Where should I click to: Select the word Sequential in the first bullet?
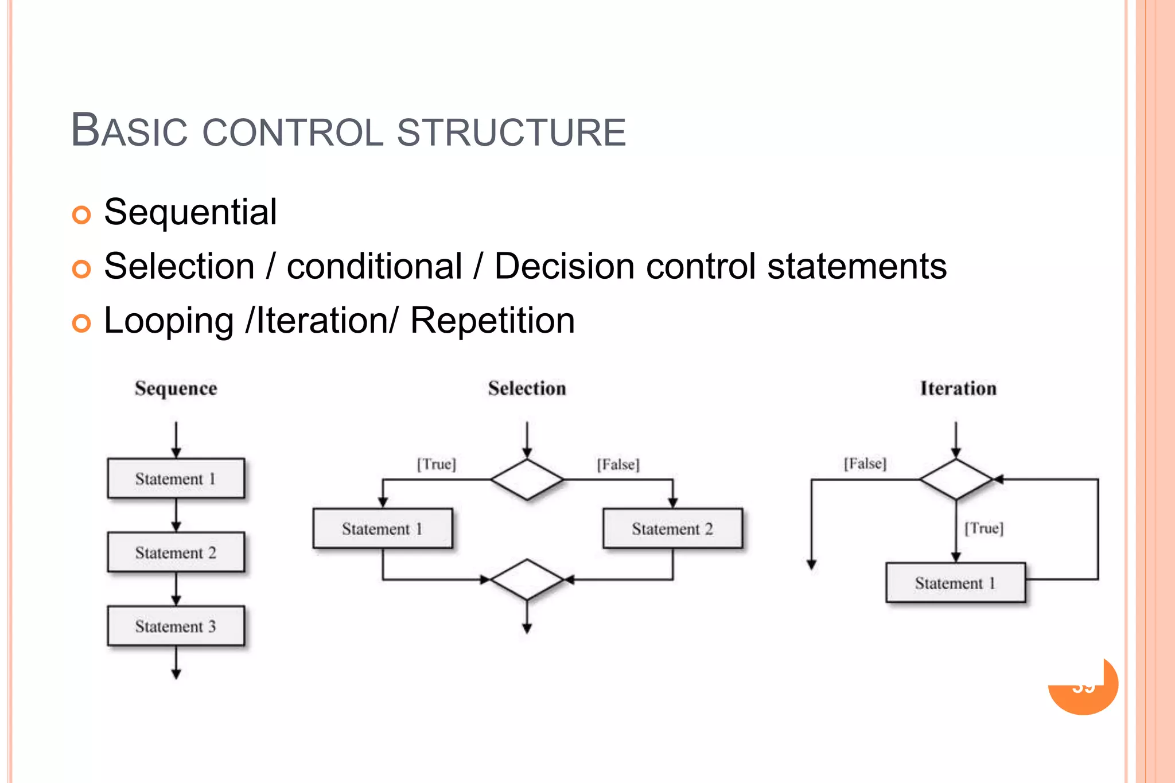[x=190, y=212]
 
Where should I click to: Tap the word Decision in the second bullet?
[x=564, y=267]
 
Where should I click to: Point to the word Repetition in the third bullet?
[x=492, y=321]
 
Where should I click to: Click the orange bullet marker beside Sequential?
[x=81, y=215]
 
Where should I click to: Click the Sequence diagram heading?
[x=176, y=388]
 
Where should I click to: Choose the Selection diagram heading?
[x=527, y=388]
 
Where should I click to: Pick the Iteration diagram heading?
[x=958, y=388]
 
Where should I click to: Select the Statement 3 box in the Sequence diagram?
[x=176, y=626]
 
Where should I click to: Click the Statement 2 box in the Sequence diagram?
[x=176, y=552]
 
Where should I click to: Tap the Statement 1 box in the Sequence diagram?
[x=176, y=478]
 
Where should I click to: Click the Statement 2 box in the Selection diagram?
[x=672, y=528]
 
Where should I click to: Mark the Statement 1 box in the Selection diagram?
[x=383, y=528]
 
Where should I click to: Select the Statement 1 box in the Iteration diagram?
[x=955, y=583]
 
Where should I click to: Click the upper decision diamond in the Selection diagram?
[x=527, y=479]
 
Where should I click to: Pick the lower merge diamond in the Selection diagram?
[x=527, y=579]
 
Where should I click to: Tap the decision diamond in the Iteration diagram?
[x=956, y=479]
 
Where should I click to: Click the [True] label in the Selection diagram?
[x=437, y=463]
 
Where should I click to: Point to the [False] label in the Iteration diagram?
[x=865, y=463]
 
